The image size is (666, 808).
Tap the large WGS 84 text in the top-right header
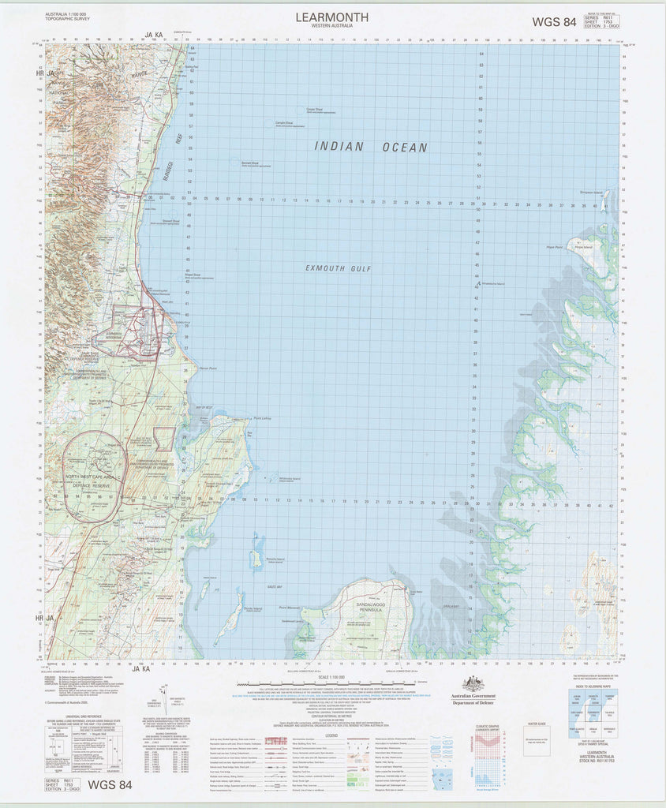point(554,22)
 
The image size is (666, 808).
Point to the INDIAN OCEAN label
point(371,147)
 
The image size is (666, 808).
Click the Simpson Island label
point(591,192)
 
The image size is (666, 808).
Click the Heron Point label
point(208,368)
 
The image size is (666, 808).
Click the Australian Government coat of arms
point(473,684)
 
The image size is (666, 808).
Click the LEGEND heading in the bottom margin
point(331,735)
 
